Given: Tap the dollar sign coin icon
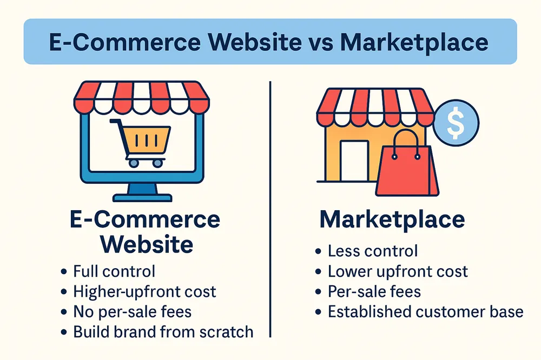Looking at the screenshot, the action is click(456, 122).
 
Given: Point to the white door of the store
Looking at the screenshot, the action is click(354, 161).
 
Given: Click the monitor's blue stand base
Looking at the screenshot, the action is click(142, 198).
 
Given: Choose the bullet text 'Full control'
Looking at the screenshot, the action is click(114, 271).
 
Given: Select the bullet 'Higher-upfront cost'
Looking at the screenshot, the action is click(144, 292).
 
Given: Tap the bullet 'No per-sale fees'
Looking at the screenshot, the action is click(132, 312).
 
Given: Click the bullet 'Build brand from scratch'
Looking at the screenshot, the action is click(163, 332).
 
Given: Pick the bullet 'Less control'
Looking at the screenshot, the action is click(373, 251).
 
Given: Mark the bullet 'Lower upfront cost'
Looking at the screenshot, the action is click(398, 271).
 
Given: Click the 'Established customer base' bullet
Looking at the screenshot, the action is click(425, 312).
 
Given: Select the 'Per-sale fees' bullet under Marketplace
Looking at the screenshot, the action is click(374, 291).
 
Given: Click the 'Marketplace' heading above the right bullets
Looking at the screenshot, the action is click(392, 219).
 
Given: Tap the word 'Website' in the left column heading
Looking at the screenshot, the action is click(147, 244).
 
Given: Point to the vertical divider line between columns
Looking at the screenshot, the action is click(270, 209).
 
